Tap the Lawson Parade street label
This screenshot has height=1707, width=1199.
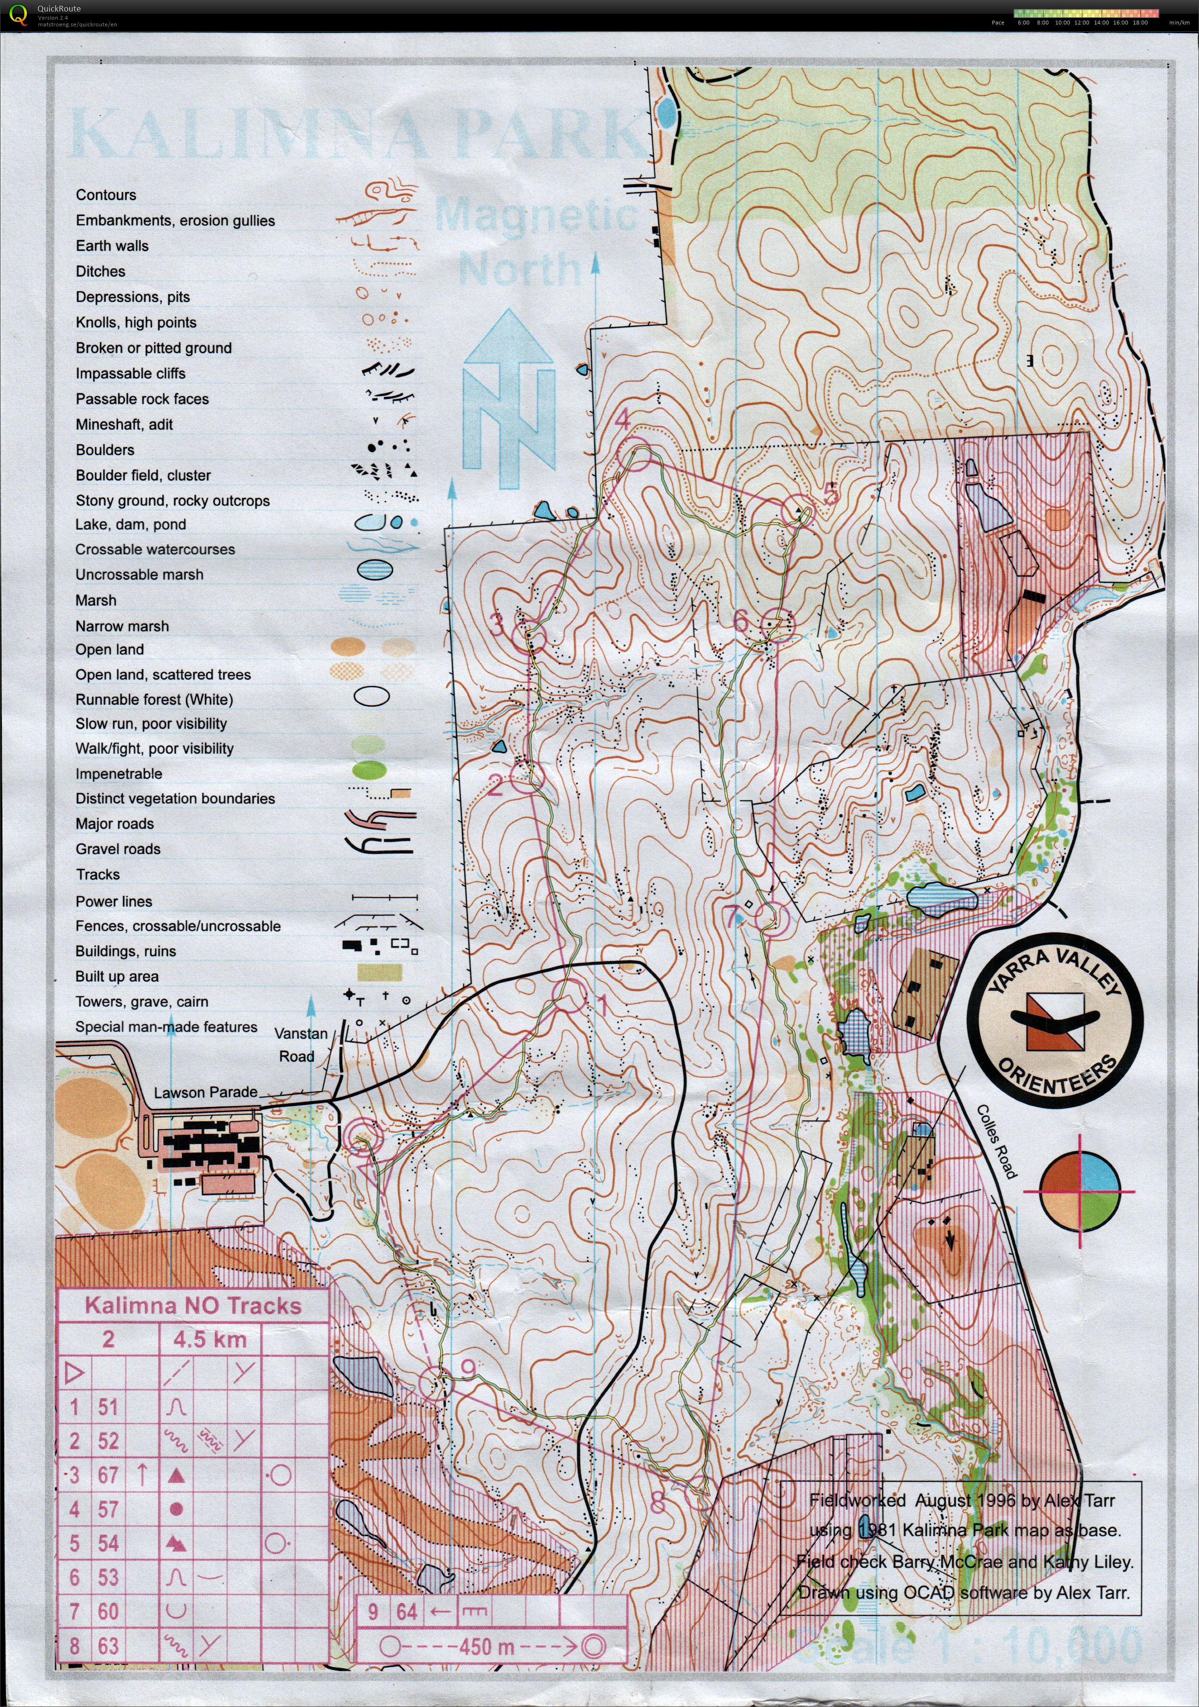pyautogui.click(x=205, y=1092)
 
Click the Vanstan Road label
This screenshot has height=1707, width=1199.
pyautogui.click(x=299, y=1045)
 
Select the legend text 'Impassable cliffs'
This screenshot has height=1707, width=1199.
pyautogui.click(x=130, y=373)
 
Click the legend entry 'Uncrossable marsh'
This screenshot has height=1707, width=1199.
pyautogui.click(x=139, y=575)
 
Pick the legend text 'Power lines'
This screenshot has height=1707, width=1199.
pyautogui.click(x=114, y=901)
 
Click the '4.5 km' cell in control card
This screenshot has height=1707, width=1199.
pyautogui.click(x=210, y=1340)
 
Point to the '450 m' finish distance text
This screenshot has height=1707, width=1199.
pyautogui.click(x=487, y=1646)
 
